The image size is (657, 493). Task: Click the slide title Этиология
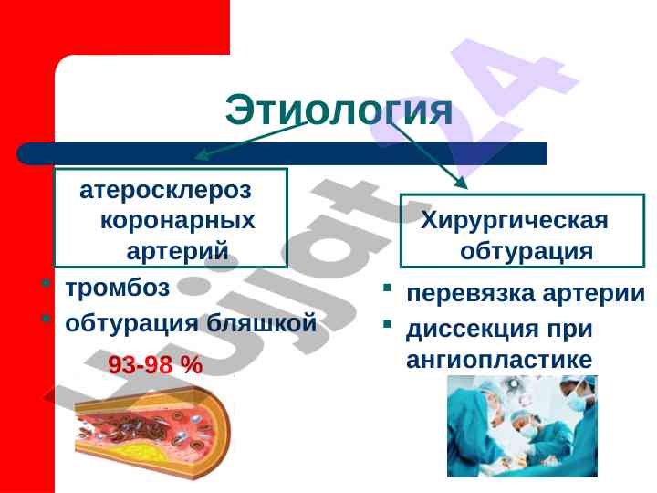click(339, 110)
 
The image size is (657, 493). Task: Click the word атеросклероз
click(165, 191)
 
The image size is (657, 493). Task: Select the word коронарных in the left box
click(178, 221)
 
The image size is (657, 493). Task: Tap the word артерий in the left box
click(178, 251)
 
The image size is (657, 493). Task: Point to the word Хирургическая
click(514, 221)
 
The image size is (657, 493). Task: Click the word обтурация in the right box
click(527, 251)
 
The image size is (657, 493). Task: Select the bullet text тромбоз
click(118, 288)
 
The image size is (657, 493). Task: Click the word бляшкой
click(262, 323)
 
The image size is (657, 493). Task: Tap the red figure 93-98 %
click(155, 364)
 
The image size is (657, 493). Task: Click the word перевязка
click(471, 293)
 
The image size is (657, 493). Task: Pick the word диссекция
click(472, 329)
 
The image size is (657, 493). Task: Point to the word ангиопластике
click(499, 360)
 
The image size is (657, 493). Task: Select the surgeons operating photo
click(522, 426)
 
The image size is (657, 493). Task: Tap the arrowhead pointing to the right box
click(462, 183)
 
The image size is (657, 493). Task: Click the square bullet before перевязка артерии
click(387, 288)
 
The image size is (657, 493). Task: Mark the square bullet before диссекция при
click(387, 324)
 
